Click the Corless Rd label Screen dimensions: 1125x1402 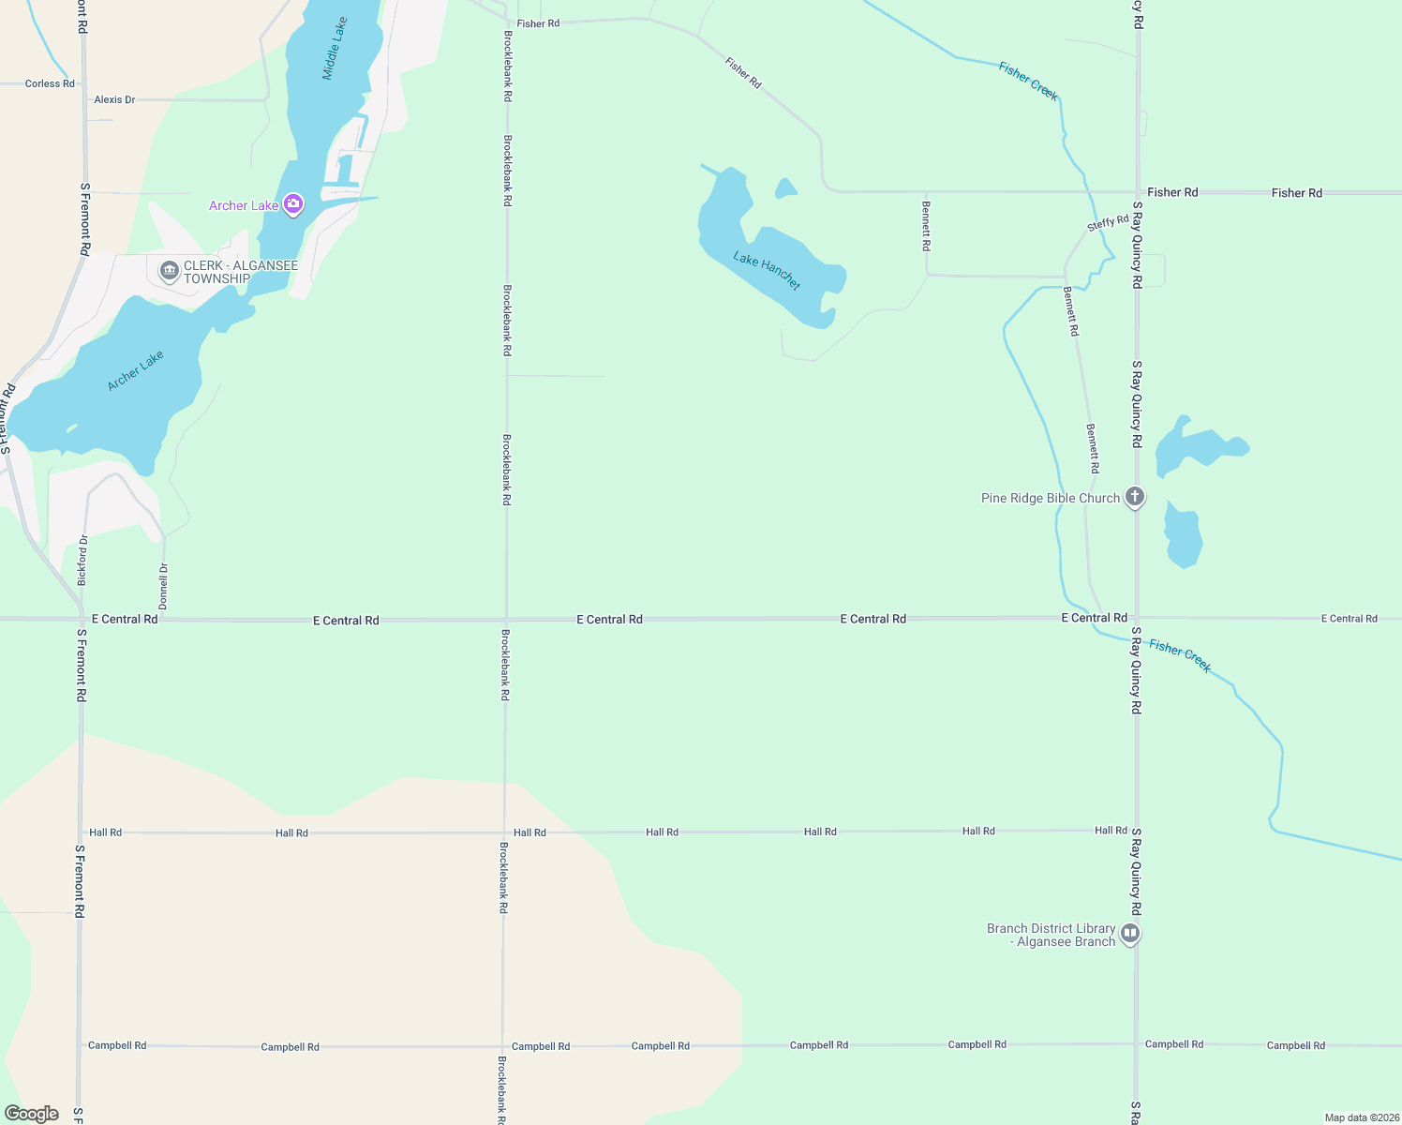pyautogui.click(x=50, y=83)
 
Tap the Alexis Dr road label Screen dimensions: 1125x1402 pyautogui.click(x=114, y=99)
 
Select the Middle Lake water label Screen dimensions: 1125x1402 pyautogui.click(x=335, y=49)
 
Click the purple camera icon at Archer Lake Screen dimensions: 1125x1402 pyautogui.click(x=293, y=204)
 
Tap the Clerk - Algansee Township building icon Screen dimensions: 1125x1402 pyautogui.click(x=170, y=272)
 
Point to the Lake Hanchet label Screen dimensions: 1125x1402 pyautogui.click(x=767, y=271)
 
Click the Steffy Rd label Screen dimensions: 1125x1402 pyautogui.click(x=1108, y=223)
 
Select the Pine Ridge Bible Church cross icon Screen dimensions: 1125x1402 pyautogui.click(x=1135, y=497)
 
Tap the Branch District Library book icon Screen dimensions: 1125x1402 pyautogui.click(x=1130, y=934)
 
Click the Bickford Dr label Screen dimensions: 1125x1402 pyautogui.click(x=82, y=560)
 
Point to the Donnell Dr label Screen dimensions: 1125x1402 pyautogui.click(x=164, y=586)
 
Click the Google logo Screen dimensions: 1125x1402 pyautogui.click(x=32, y=1114)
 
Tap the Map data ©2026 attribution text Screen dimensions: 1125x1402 pyautogui.click(x=1361, y=1117)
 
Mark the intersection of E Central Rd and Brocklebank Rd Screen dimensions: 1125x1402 pyautogui.click(x=506, y=619)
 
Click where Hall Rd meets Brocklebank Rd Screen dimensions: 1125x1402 pyautogui.click(x=505, y=832)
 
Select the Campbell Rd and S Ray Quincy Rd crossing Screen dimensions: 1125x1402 pyautogui.click(x=1136, y=1044)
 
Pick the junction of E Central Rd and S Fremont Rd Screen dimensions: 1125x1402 pyautogui.click(x=82, y=619)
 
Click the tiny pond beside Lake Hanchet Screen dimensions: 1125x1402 pyautogui.click(x=785, y=189)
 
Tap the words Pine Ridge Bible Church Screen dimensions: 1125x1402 pyautogui.click(x=1050, y=498)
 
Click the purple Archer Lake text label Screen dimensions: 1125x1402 pyautogui.click(x=244, y=205)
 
